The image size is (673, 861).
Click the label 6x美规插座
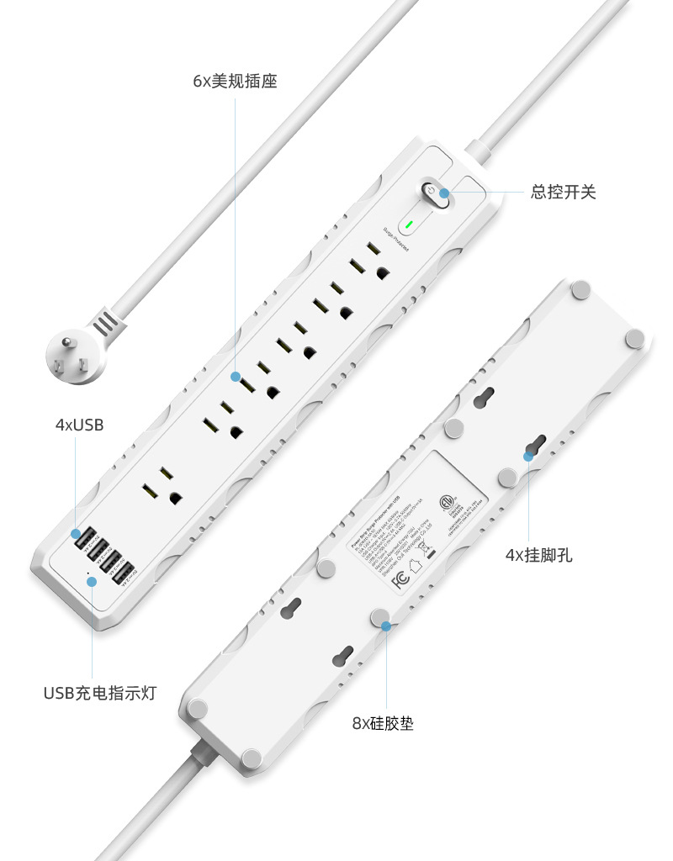point(235,82)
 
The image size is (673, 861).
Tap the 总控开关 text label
point(563,193)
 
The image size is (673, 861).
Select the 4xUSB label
point(79,425)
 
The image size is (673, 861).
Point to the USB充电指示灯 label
point(99,694)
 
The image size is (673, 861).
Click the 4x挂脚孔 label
point(538,555)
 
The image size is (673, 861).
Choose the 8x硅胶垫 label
point(383,723)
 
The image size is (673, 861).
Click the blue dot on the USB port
point(77,533)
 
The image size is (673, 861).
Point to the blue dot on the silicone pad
point(386,626)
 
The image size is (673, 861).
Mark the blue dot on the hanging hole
point(529,456)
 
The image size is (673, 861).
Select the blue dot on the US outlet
point(236,378)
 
